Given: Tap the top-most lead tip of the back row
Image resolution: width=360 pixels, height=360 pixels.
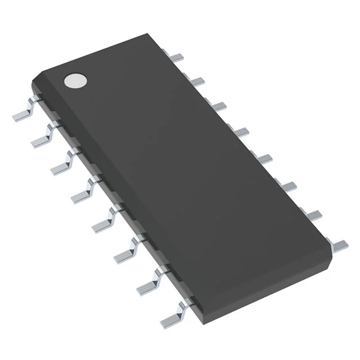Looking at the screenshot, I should [178, 56].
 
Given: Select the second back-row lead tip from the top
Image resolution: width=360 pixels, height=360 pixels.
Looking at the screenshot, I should [196, 82].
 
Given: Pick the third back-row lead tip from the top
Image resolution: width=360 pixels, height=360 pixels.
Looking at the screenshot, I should [219, 106].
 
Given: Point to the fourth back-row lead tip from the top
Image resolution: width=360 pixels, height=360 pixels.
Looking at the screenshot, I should [241, 132].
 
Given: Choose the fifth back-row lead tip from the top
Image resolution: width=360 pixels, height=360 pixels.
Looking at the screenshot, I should [263, 159].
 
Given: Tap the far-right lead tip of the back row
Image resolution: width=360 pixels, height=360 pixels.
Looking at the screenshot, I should [339, 245].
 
